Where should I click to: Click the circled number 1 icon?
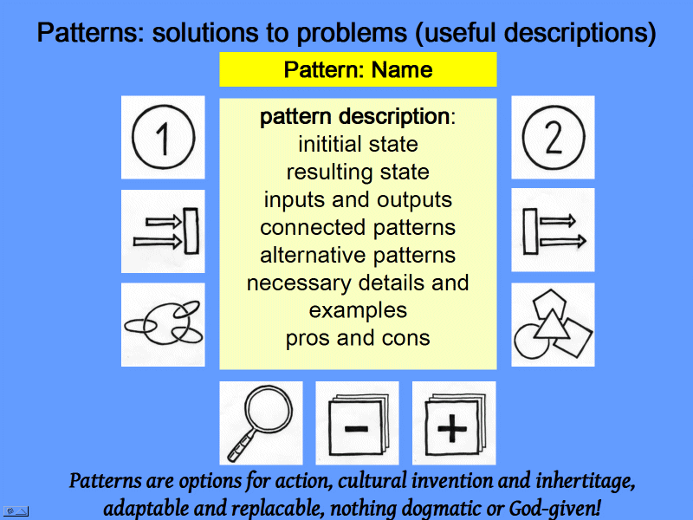(163, 137)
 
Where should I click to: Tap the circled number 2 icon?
(553, 137)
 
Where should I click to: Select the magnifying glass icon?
(261, 423)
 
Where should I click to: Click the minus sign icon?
(357, 423)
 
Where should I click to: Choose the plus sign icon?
(453, 423)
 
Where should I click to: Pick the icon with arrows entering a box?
(163, 231)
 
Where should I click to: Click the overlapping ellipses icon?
(163, 324)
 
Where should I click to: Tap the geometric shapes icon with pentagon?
(553, 324)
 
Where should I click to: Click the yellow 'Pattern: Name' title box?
(358, 69)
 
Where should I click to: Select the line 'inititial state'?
(358, 144)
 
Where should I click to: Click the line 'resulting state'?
(358, 172)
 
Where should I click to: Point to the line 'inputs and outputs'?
(358, 199)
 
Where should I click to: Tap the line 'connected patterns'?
(358, 227)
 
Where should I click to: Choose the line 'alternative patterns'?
(358, 255)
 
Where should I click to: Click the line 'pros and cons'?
(358, 338)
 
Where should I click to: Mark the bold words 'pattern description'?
(354, 116)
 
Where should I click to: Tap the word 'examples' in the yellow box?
(358, 310)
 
